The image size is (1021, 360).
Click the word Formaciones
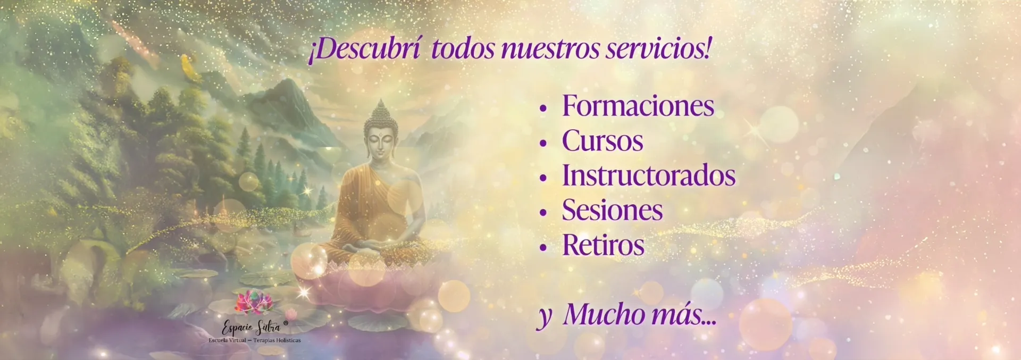tap(638, 106)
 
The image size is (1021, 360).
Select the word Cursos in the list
tap(602, 141)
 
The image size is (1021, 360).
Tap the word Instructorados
tap(649, 175)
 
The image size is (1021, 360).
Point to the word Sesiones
tap(613, 210)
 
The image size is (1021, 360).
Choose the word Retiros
tap(604, 245)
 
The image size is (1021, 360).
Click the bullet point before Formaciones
tap(543, 108)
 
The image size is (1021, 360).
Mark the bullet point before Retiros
tap(543, 248)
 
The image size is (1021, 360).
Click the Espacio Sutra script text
tap(251, 327)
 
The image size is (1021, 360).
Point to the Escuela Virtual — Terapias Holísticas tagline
tap(255, 340)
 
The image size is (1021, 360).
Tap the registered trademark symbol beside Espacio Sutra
tap(286, 323)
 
